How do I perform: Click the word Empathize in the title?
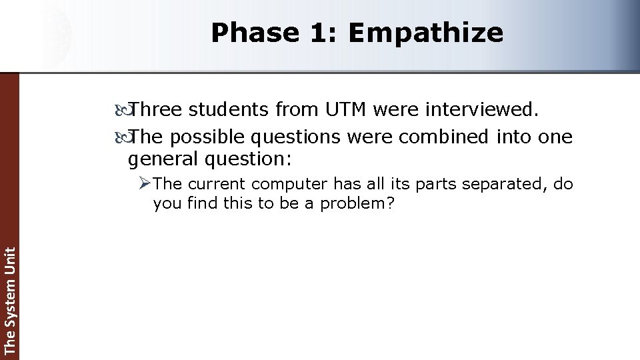tap(425, 33)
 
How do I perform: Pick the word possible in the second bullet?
tap(207, 137)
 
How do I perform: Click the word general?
tap(163, 159)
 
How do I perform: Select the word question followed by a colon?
tap(249, 159)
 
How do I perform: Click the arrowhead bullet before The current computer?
tap(146, 183)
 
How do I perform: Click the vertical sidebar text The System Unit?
tap(9, 300)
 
